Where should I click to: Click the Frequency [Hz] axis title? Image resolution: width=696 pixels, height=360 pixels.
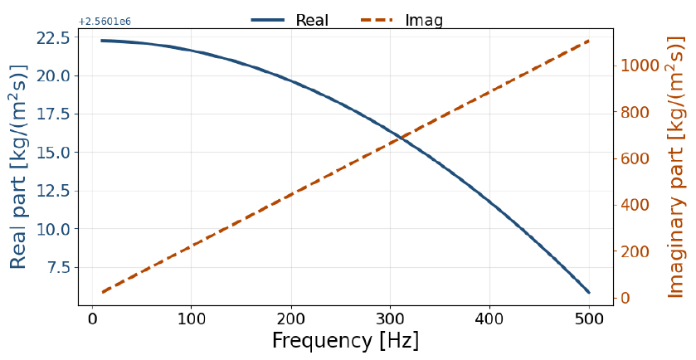(345, 342)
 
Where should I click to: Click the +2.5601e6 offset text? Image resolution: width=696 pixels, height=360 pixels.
(105, 22)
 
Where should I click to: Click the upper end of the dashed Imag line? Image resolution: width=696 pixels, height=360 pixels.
(589, 40)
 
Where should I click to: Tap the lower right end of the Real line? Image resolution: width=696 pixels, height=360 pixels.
(589, 292)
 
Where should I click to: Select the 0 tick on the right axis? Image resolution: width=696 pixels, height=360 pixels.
(623, 298)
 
